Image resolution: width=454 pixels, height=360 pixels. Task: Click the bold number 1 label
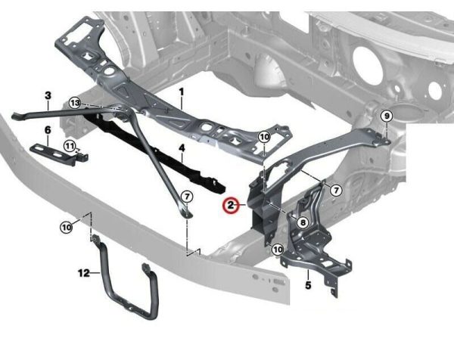182,92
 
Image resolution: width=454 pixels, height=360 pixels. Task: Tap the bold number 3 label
48,95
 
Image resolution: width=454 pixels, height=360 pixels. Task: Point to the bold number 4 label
182,148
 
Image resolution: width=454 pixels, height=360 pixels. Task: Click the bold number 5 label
308,285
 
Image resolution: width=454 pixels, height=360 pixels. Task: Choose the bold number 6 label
48,130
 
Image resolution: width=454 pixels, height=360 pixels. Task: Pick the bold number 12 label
84,272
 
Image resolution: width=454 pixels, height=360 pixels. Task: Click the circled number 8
303,222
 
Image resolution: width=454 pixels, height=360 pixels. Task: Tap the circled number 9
387,116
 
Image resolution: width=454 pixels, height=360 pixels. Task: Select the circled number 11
70,145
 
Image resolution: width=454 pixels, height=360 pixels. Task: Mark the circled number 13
75,103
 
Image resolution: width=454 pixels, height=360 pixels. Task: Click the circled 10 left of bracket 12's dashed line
67,228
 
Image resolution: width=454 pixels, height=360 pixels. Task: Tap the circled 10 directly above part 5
278,249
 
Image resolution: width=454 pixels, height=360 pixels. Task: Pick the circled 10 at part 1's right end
264,137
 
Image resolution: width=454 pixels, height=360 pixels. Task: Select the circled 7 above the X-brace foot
187,197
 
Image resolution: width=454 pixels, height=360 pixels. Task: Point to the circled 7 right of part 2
336,190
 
